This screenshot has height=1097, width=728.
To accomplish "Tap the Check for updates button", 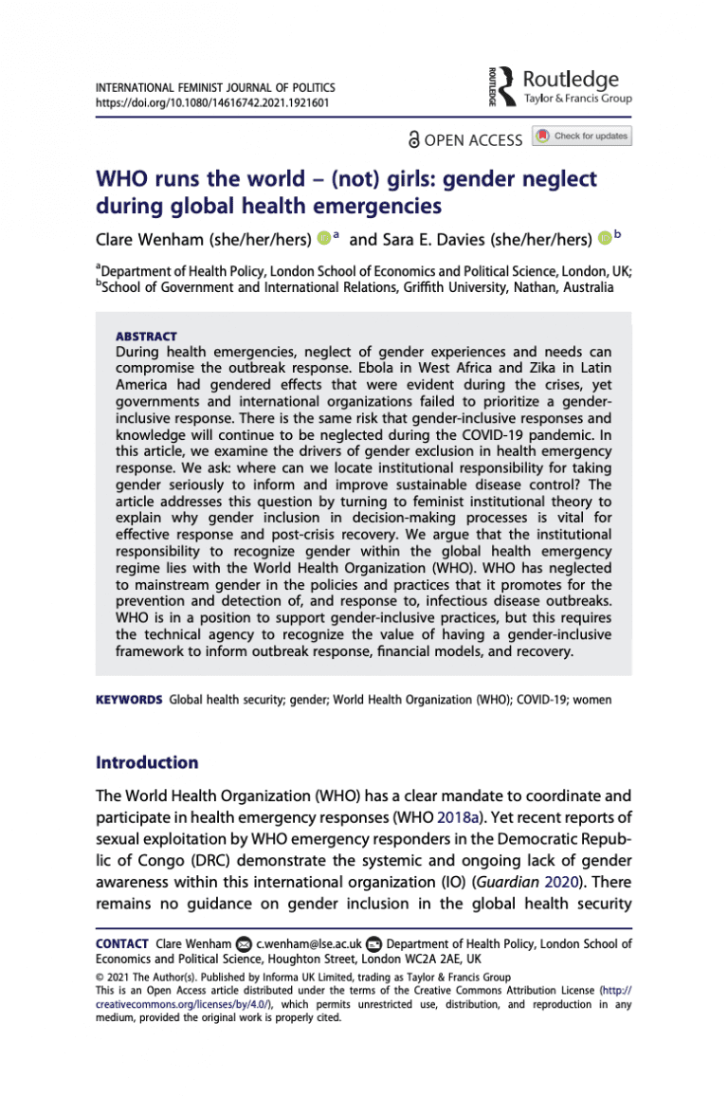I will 582,137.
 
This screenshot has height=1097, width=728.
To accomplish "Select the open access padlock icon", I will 413,139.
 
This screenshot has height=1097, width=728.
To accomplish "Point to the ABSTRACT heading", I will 145,337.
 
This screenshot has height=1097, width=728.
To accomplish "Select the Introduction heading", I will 148,763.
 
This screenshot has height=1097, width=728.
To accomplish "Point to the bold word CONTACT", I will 121,943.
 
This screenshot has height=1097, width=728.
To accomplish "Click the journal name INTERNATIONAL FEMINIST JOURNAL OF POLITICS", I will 215,87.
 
